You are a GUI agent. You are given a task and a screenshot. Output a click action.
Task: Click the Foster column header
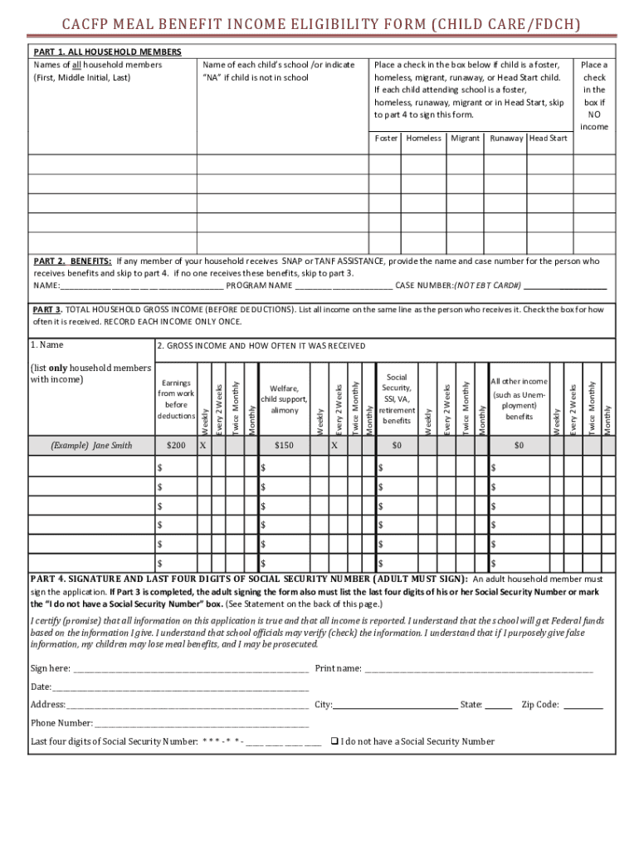click(386, 138)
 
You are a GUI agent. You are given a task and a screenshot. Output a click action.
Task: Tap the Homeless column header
click(423, 138)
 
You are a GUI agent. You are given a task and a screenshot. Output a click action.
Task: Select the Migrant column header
click(465, 138)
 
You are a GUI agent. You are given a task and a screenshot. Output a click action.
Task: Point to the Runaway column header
click(507, 138)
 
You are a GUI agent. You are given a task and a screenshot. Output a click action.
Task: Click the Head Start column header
click(548, 138)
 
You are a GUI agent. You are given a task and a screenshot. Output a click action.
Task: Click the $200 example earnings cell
click(176, 446)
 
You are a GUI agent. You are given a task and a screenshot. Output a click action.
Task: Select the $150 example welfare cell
click(284, 446)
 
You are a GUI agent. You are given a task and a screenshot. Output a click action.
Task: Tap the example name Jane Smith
click(91, 446)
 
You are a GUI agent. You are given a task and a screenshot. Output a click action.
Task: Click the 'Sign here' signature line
click(191, 669)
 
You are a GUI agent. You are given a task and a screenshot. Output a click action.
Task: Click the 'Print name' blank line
click(479, 669)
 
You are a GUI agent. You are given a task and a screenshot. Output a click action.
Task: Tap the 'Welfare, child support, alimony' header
click(284, 399)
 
